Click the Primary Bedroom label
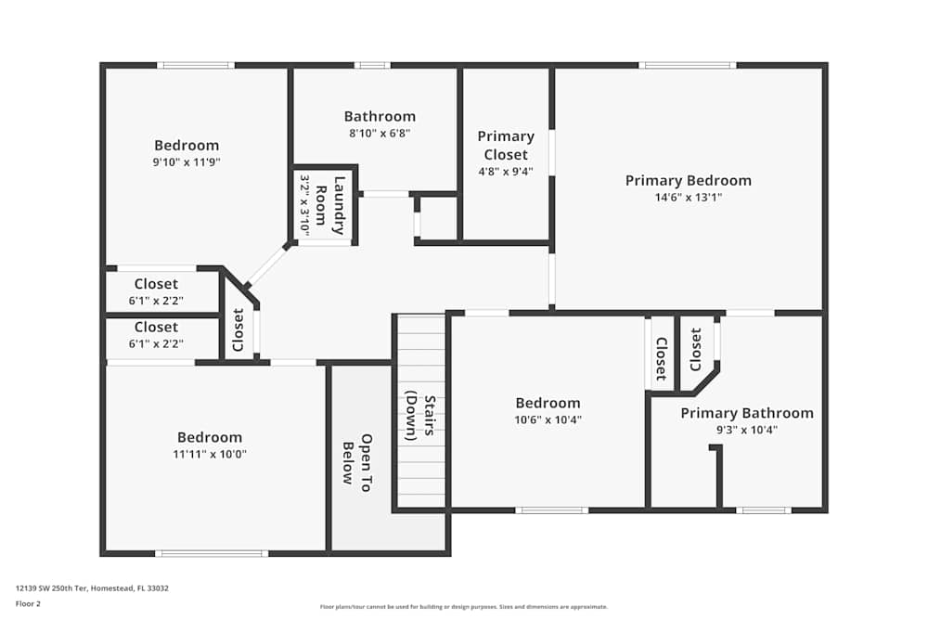pos(688,180)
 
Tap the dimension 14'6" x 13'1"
pos(688,197)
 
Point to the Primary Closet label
pos(506,145)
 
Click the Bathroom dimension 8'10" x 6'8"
pos(380,133)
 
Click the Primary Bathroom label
pos(747,413)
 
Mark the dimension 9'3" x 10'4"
pos(747,430)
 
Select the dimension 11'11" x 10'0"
pos(210,454)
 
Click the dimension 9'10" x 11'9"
pos(187,161)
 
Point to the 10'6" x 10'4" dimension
pos(548,419)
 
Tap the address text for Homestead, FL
pos(92,587)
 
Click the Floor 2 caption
pos(28,603)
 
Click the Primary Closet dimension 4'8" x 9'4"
pos(506,172)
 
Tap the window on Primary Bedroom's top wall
pos(688,65)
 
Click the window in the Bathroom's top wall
pos(372,65)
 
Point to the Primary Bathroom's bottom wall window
pos(764,509)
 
